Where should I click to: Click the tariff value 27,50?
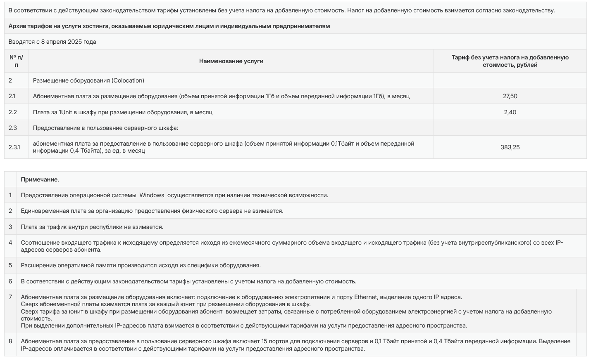[510, 96]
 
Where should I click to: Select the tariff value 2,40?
[510, 112]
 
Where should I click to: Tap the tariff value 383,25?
[510, 147]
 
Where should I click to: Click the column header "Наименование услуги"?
[231, 61]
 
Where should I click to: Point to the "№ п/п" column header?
[16, 61]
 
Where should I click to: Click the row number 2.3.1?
[14, 147]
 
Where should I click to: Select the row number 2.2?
[12, 112]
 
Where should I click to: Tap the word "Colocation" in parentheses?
[128, 80]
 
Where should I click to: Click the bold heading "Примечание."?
[40, 179]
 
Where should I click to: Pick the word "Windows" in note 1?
[152, 195]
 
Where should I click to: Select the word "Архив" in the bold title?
[17, 26]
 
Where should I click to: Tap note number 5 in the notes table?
[10, 265]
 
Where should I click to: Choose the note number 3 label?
[10, 227]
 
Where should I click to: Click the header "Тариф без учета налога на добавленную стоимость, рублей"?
[510, 61]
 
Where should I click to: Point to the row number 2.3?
[12, 128]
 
